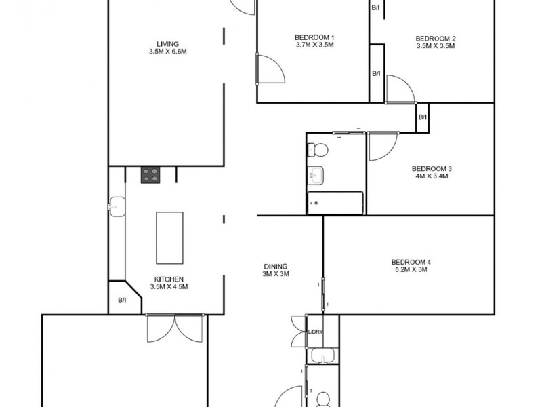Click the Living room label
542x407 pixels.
167,45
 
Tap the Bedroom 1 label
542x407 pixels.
315,37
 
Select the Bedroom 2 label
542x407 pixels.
435,39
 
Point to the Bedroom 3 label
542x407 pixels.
432,168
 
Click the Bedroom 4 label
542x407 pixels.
411,263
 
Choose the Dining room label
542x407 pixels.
276,266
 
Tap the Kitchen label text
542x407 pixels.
168,279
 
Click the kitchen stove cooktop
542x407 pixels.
150,175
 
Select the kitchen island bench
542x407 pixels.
169,237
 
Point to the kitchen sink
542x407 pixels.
117,204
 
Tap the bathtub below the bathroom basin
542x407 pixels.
335,202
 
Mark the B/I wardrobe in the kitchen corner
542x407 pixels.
122,299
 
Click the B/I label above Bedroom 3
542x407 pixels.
423,117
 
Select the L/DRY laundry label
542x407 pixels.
316,332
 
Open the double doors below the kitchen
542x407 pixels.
173,330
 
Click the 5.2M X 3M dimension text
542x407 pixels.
411,270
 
